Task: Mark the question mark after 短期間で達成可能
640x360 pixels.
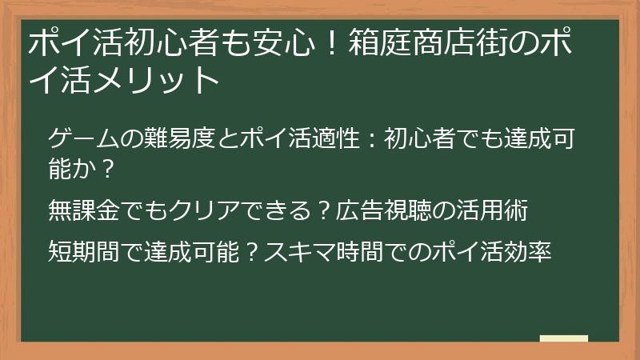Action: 249,252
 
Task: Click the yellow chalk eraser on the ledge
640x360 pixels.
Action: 563,338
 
